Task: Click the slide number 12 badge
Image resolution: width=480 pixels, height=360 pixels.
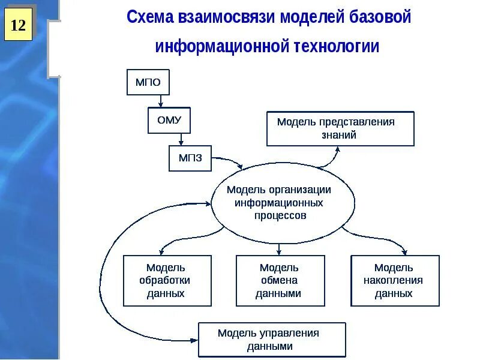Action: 18,25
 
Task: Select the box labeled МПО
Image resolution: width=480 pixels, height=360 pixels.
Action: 148,82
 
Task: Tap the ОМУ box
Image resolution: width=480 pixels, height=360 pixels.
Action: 169,119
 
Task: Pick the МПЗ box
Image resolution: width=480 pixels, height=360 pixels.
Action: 190,158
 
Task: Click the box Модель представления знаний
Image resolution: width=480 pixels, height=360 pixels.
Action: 340,128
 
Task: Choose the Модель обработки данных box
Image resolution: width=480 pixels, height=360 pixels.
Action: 167,281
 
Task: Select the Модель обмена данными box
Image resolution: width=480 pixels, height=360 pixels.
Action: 280,281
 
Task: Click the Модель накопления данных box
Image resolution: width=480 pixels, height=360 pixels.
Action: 395,281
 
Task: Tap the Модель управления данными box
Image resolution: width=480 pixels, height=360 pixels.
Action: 272,340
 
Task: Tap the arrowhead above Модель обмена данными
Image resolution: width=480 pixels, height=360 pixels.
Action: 280,251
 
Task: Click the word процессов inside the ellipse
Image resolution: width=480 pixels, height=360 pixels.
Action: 280,215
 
